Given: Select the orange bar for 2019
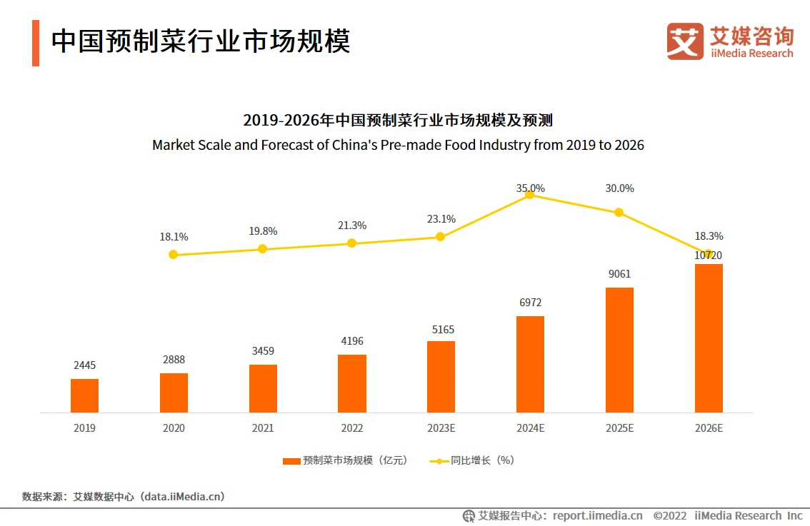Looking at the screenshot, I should coord(84,395).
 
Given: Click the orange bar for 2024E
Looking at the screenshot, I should coord(530,364).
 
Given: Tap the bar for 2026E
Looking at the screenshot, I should coord(709,338).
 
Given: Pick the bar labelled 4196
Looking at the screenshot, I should coord(351,383).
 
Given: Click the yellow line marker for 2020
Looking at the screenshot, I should coord(173,254).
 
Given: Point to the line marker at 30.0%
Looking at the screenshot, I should coord(619,212).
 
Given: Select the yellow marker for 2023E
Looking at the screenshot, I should coord(441,236).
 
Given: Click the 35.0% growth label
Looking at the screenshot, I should coord(530,188).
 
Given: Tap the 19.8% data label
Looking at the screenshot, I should coord(263,231).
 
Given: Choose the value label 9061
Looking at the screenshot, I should coord(619,274).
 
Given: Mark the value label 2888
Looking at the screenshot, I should coord(173,360).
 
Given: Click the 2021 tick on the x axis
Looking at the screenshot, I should coord(263,428).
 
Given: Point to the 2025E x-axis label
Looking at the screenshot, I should coord(619,428).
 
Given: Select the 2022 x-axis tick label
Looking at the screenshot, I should coord(351,428).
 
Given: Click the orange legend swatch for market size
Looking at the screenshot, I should coord(291,461).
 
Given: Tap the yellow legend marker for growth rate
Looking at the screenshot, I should coord(439,461).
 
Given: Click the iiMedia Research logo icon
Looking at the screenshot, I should coord(685,41).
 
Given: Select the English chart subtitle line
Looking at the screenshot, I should coord(398,145).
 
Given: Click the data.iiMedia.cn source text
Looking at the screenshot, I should coord(183,497).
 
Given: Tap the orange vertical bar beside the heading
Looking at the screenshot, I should coord(36,43).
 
